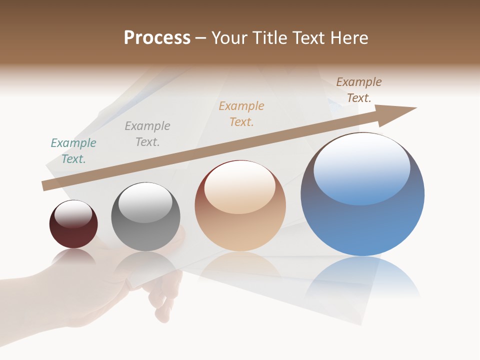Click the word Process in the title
pyautogui.click(x=157, y=38)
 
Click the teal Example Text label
pyautogui.click(x=73, y=151)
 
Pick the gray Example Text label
pyautogui.click(x=147, y=134)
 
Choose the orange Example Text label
pyautogui.click(x=241, y=114)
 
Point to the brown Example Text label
pyautogui.click(x=359, y=90)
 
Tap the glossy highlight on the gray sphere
pyautogui.click(x=145, y=202)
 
